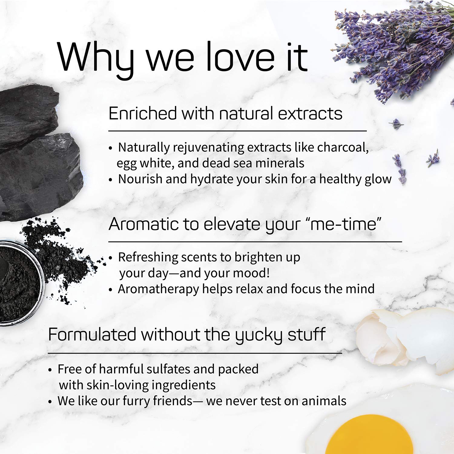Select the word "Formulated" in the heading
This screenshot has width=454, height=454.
(92, 335)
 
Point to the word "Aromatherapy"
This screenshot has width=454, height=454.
(158, 289)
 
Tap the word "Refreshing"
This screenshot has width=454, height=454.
(148, 257)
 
